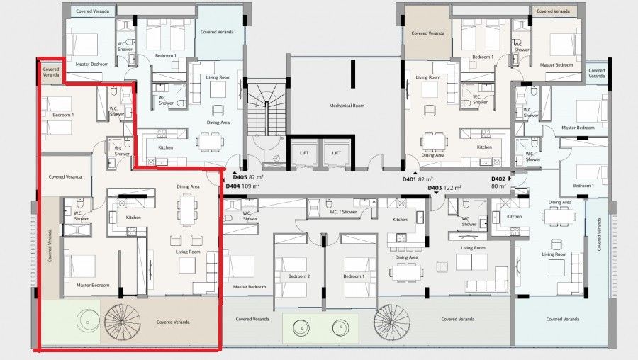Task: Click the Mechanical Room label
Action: pos(346,106)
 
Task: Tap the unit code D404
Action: pos(233,186)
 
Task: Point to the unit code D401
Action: pos(409,179)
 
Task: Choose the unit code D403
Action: pos(435,188)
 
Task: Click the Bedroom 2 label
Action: pos(298,276)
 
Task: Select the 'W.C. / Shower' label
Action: pos(342,212)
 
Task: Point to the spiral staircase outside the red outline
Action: pos(392,322)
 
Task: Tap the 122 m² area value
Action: pos(453,188)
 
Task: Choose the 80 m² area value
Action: pos(498,186)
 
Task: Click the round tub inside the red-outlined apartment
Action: pos(87,320)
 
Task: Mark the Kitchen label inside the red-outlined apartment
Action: pos(133,217)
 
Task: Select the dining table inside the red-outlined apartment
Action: pos(188,208)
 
